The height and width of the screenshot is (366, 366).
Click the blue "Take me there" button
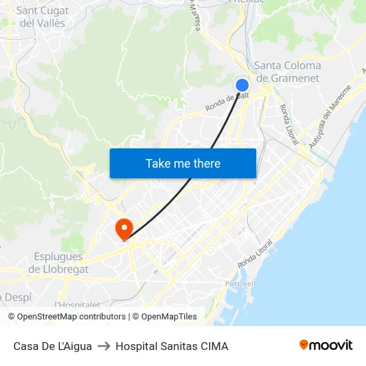[183, 163]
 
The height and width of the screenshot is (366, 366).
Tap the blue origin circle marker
[242, 85]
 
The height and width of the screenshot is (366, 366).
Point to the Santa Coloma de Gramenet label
[287, 72]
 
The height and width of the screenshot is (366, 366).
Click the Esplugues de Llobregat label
[59, 263]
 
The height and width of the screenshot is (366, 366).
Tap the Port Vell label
[240, 283]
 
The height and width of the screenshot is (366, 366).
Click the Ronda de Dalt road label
[227, 102]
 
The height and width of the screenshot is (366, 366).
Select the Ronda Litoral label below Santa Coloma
[288, 123]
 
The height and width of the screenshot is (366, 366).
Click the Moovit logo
[326, 345]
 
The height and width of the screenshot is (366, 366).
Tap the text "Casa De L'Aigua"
[53, 346]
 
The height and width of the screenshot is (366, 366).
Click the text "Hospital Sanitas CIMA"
[172, 346]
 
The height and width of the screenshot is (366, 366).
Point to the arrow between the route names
[104, 346]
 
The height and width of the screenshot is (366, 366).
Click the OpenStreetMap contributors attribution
[67, 317]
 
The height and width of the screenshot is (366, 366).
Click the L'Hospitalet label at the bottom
[77, 305]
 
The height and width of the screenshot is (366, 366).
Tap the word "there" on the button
[207, 163]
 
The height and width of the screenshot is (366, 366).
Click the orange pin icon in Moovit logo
[303, 345]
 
